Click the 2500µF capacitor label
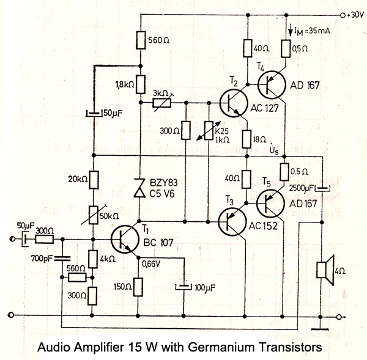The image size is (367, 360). [x=303, y=188]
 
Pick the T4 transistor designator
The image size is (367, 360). [x=262, y=66]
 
